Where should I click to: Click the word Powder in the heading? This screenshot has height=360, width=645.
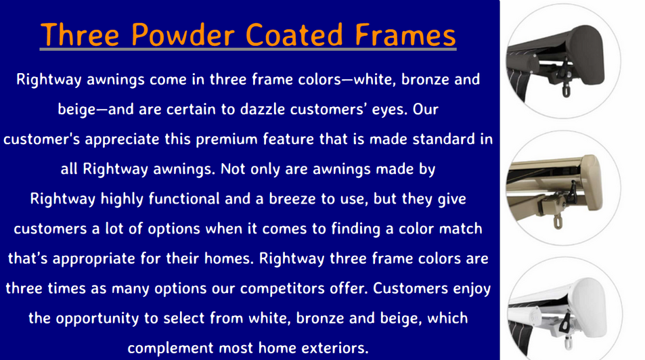183,35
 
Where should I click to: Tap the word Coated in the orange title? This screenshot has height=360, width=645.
294,35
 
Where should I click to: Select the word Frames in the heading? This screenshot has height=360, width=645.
405,35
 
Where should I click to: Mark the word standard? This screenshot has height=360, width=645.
444,139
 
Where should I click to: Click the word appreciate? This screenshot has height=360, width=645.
122,140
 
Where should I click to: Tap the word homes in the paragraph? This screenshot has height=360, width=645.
229,258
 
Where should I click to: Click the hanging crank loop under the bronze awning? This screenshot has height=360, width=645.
566,90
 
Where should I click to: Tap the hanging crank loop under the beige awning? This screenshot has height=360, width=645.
558,222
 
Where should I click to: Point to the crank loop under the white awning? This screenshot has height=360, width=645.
569,343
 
